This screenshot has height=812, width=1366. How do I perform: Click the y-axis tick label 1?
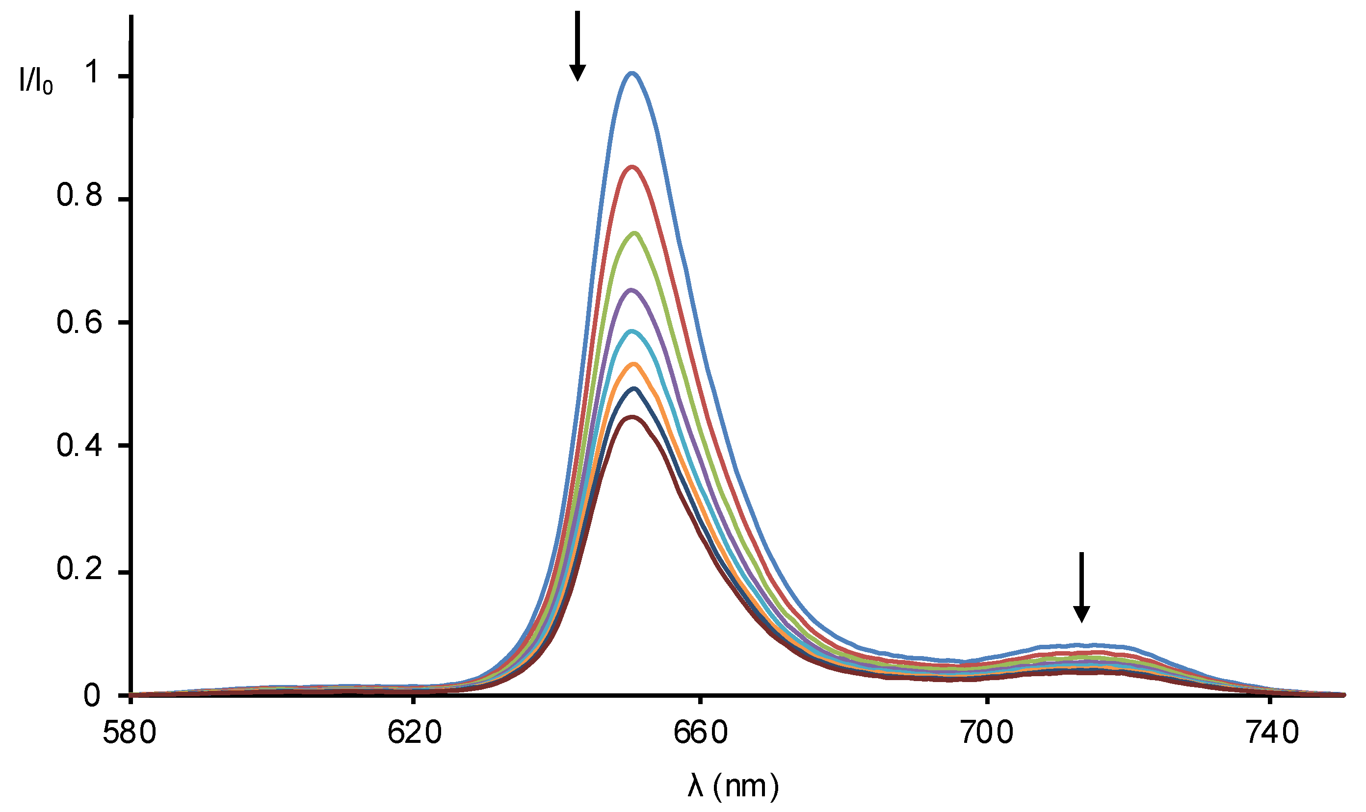[93, 72]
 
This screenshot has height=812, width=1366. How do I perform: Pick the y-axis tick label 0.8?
[79, 195]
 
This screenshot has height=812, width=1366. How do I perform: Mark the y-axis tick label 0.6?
[79, 322]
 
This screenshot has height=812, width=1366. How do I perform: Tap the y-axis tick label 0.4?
[79, 446]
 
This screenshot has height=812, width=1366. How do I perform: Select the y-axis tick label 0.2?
[79, 570]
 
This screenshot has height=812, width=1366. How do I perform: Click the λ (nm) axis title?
[733, 787]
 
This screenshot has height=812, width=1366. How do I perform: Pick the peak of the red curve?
[632, 167]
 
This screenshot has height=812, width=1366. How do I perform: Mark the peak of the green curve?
[634, 233]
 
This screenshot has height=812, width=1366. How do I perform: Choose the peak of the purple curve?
[632, 290]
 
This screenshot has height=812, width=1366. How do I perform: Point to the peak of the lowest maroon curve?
[632, 417]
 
